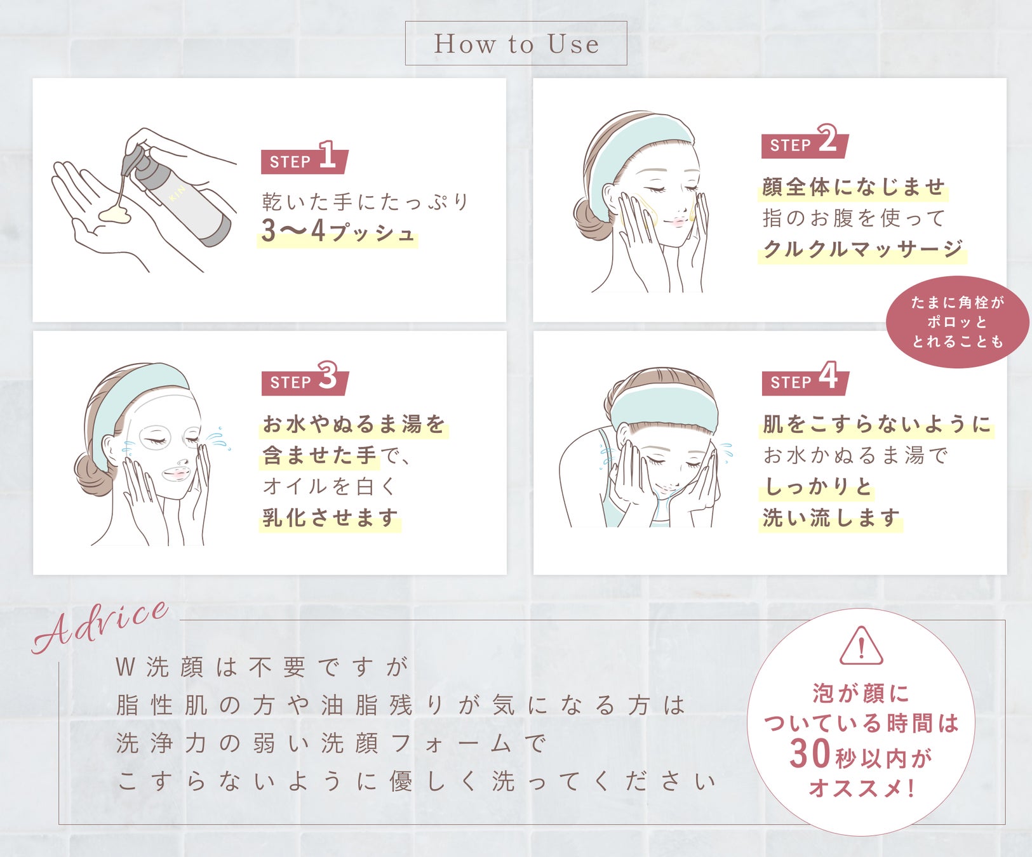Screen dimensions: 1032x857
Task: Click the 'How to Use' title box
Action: [x=516, y=43]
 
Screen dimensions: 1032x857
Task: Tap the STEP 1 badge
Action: [x=304, y=158]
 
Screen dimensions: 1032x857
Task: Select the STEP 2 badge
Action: [x=805, y=142]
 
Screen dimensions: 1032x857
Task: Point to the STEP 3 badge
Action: [x=305, y=378]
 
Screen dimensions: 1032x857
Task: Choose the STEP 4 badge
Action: [x=805, y=378]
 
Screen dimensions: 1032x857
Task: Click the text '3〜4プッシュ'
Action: [x=338, y=232]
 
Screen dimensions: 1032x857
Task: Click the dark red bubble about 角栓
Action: [x=957, y=322]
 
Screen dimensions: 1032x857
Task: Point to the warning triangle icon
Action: [x=861, y=646]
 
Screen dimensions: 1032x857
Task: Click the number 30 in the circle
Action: [x=810, y=754]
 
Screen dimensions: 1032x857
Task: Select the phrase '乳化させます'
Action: [x=330, y=518]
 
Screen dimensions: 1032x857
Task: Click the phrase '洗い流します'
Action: [x=831, y=518]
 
